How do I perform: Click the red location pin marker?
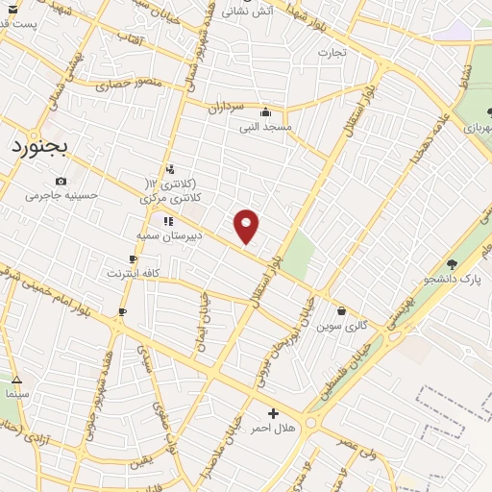coord(247,225)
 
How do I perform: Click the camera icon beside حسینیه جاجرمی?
coord(61,181)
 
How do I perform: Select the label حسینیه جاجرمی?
coord(62,195)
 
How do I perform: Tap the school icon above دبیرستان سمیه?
coord(168,220)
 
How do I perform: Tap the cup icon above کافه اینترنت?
coord(133,258)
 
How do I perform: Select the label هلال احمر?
coord(273,428)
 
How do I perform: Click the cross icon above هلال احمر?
coord(274,413)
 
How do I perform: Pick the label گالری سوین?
coord(343,325)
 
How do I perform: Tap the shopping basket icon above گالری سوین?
coord(342,310)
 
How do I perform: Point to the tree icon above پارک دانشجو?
coord(452,262)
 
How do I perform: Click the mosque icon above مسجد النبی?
coord(279,111)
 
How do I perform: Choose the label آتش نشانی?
coord(249,12)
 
